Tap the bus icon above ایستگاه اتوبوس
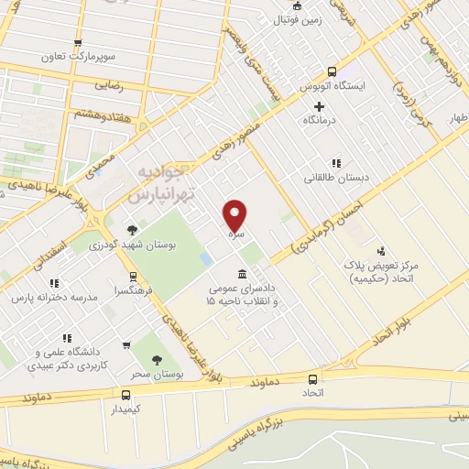331,71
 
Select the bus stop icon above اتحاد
313,379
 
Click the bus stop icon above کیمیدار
126,394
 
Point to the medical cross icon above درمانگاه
319,107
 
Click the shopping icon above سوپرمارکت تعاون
79,42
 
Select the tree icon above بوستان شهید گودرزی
134,230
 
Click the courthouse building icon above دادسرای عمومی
241,274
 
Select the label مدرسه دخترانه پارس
53,299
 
